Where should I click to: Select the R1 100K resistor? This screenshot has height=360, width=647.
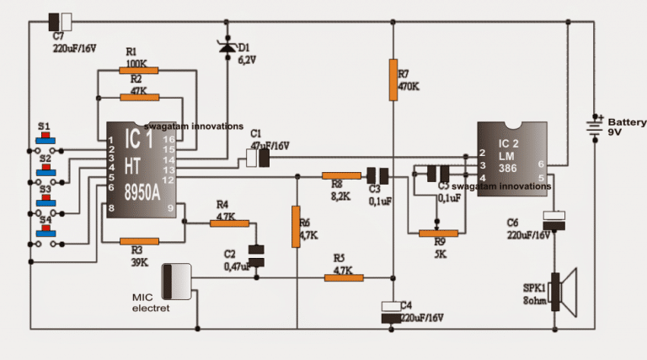[140, 72]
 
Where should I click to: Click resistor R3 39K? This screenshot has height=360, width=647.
[140, 242]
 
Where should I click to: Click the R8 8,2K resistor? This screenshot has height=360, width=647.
[340, 176]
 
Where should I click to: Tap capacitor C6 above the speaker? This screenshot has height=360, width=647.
[554, 220]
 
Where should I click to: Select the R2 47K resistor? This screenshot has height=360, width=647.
[140, 98]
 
